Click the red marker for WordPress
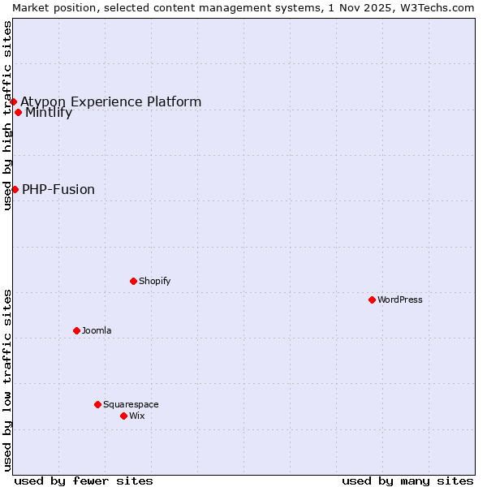coord(372,300)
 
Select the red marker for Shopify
coord(133,281)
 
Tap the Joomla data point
coord(76,330)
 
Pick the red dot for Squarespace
coord(97,404)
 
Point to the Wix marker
coord(123,416)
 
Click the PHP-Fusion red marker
coord(15,189)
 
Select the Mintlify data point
coord(18,112)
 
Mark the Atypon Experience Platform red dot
coord(13,101)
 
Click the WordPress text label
coord(400,300)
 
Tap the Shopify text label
coord(154,281)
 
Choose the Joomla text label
coord(97,330)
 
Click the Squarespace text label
coord(131,404)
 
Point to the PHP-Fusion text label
coord(58,190)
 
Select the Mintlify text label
coord(49,113)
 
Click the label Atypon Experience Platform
coord(111,101)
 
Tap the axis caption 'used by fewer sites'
coord(84,481)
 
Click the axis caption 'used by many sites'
coord(407,481)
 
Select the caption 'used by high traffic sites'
coord(7,115)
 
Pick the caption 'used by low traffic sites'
coord(7,380)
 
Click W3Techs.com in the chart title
coord(438,7)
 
